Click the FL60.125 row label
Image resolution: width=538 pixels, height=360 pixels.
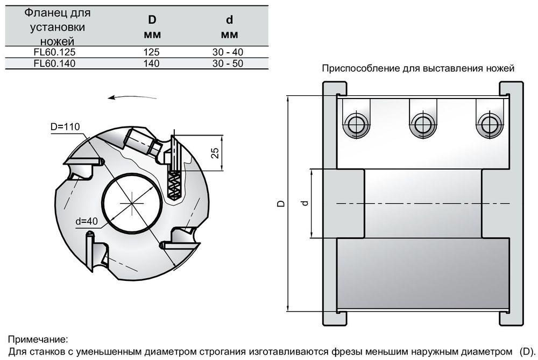(x=54, y=53)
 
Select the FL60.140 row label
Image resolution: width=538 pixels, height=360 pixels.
(x=54, y=63)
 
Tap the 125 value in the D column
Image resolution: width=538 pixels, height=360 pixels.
(x=152, y=53)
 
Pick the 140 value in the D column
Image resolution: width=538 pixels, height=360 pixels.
(x=152, y=63)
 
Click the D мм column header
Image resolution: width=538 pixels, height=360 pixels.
(x=152, y=27)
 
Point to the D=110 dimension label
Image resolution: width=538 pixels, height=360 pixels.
(x=65, y=127)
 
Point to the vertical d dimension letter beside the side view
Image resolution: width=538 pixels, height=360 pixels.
(x=305, y=203)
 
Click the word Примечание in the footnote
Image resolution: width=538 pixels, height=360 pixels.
(x=38, y=340)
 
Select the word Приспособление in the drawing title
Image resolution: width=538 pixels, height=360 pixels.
(x=352, y=69)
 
